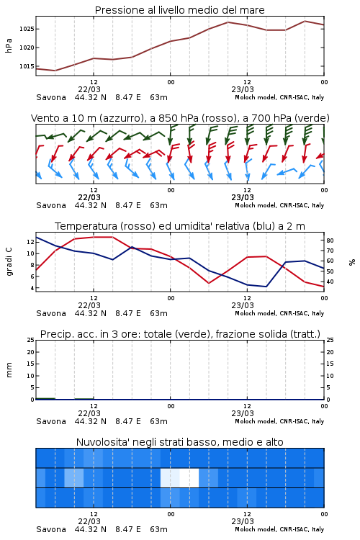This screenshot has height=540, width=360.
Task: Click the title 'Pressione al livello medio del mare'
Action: pyautogui.click(x=179, y=10)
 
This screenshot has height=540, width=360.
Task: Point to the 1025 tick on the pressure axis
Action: pyautogui.click(x=27, y=29)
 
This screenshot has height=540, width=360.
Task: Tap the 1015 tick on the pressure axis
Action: pyautogui.click(x=27, y=66)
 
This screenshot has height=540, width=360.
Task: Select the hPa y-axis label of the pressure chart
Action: pyautogui.click(x=9, y=45)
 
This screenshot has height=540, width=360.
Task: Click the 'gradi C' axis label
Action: pyautogui.click(x=9, y=261)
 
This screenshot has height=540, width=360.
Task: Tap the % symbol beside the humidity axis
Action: pyautogui.click(x=352, y=262)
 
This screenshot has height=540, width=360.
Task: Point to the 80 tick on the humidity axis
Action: pyautogui.click(x=330, y=240)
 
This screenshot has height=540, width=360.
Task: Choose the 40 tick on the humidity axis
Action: pyautogui.click(x=330, y=282)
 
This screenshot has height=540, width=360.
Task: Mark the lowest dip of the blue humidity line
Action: pyautogui.click(x=266, y=287)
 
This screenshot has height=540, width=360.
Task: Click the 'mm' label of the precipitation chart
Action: pyautogui.click(x=9, y=370)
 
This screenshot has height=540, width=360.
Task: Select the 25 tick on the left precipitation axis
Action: pyautogui.click(x=31, y=341)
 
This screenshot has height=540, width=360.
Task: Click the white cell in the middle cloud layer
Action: pyautogui.click(x=189, y=477)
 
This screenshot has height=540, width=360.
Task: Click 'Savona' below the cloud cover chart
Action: pyautogui.click(x=51, y=529)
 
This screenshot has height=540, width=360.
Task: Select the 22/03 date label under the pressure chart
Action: pyautogui.click(x=89, y=89)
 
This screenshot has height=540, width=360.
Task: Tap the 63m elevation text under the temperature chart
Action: pyautogui.click(x=159, y=313)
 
